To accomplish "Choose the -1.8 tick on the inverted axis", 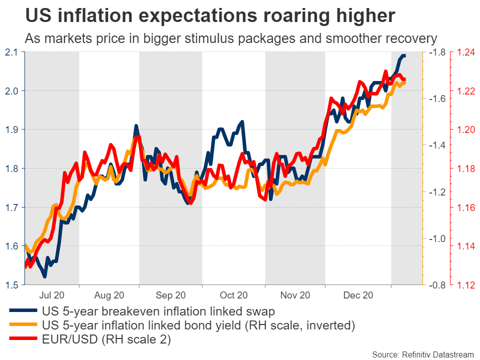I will [x=436, y=52].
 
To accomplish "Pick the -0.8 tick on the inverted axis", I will [x=436, y=285].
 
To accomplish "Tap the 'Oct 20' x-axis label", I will [x=233, y=295].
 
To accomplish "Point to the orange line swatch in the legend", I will [x=22, y=326].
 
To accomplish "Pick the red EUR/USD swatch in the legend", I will [x=22, y=339].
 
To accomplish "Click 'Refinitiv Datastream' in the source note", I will [x=434, y=354].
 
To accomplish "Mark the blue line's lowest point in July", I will [x=44, y=276].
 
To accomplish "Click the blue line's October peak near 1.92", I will [x=242, y=121].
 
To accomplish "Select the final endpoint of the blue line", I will [x=404, y=55].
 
